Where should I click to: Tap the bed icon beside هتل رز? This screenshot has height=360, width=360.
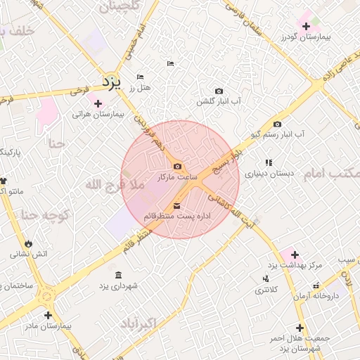coord(140,76)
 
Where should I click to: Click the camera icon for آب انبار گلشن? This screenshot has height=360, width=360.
coord(219,91)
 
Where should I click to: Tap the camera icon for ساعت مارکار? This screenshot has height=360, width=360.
coord(177,167)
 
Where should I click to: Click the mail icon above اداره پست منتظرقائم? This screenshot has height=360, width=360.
coord(176,205)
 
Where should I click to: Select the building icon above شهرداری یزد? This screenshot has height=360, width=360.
coord(117,275)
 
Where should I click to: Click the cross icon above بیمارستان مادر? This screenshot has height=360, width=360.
coord(48,316)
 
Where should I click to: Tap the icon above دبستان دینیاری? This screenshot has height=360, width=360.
coord(269,162)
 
